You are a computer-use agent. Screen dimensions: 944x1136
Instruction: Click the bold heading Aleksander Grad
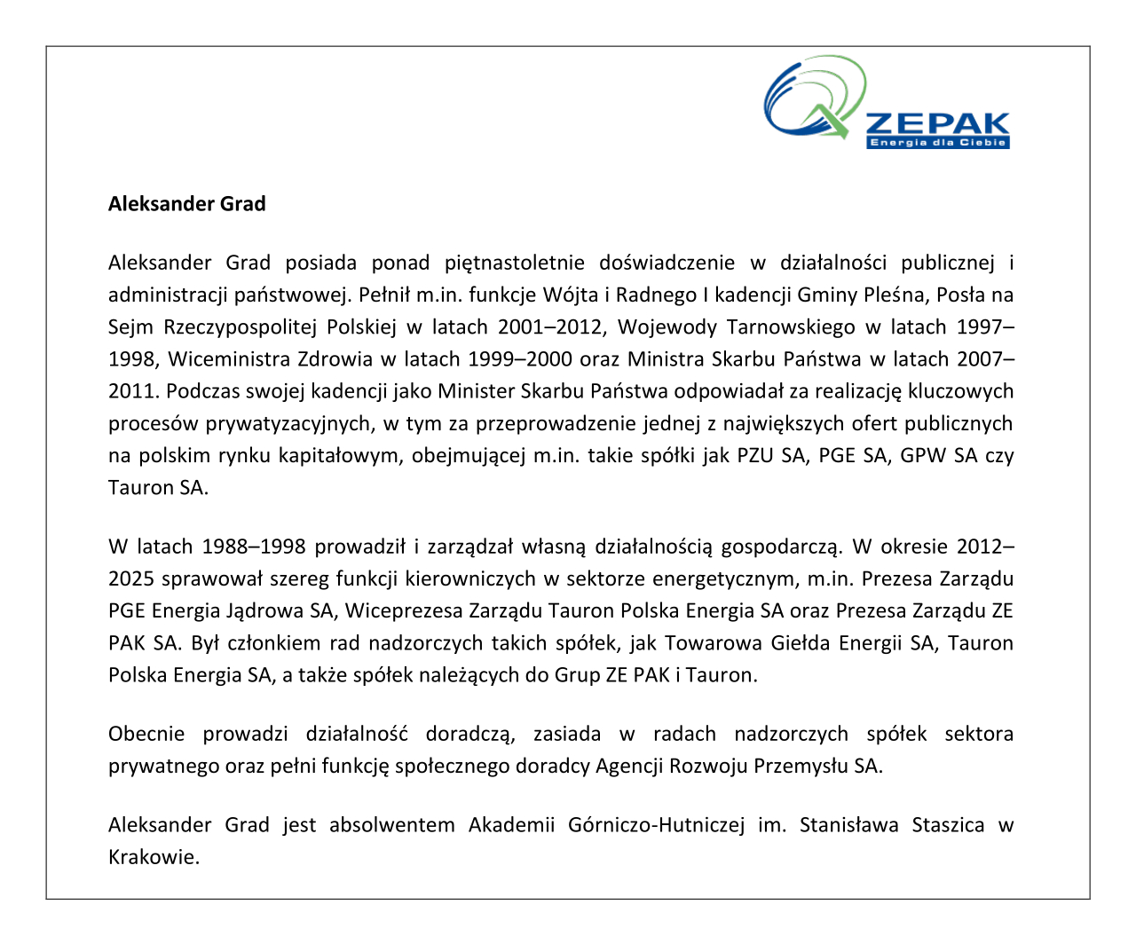click(x=186, y=204)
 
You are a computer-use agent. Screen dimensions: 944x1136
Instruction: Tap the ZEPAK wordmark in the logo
click(x=937, y=123)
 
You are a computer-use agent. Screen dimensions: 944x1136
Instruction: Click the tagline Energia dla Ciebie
click(x=937, y=142)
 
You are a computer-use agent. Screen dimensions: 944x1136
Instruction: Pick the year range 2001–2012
click(x=551, y=326)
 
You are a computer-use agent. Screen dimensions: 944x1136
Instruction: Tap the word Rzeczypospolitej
click(x=240, y=326)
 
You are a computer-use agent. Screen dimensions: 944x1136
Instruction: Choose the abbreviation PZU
click(x=755, y=456)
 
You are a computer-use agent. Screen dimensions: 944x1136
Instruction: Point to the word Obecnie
click(x=146, y=735)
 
